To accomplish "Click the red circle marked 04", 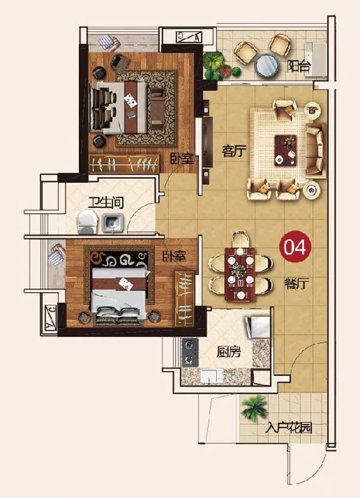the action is click(294, 247).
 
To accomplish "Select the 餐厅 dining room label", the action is click(296, 283).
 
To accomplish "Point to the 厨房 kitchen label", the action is click(229, 352).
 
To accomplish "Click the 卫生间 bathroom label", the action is click(106, 202).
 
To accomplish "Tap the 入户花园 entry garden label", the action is click(289, 428).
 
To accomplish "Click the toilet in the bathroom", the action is click(87, 222).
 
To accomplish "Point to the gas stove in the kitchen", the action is click(190, 352).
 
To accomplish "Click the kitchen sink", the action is click(209, 376).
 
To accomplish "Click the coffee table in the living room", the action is click(286, 151).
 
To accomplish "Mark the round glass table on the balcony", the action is click(267, 65).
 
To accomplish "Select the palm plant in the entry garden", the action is click(254, 408).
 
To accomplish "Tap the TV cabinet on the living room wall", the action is click(207, 142).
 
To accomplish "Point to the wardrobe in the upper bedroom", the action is click(124, 164).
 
